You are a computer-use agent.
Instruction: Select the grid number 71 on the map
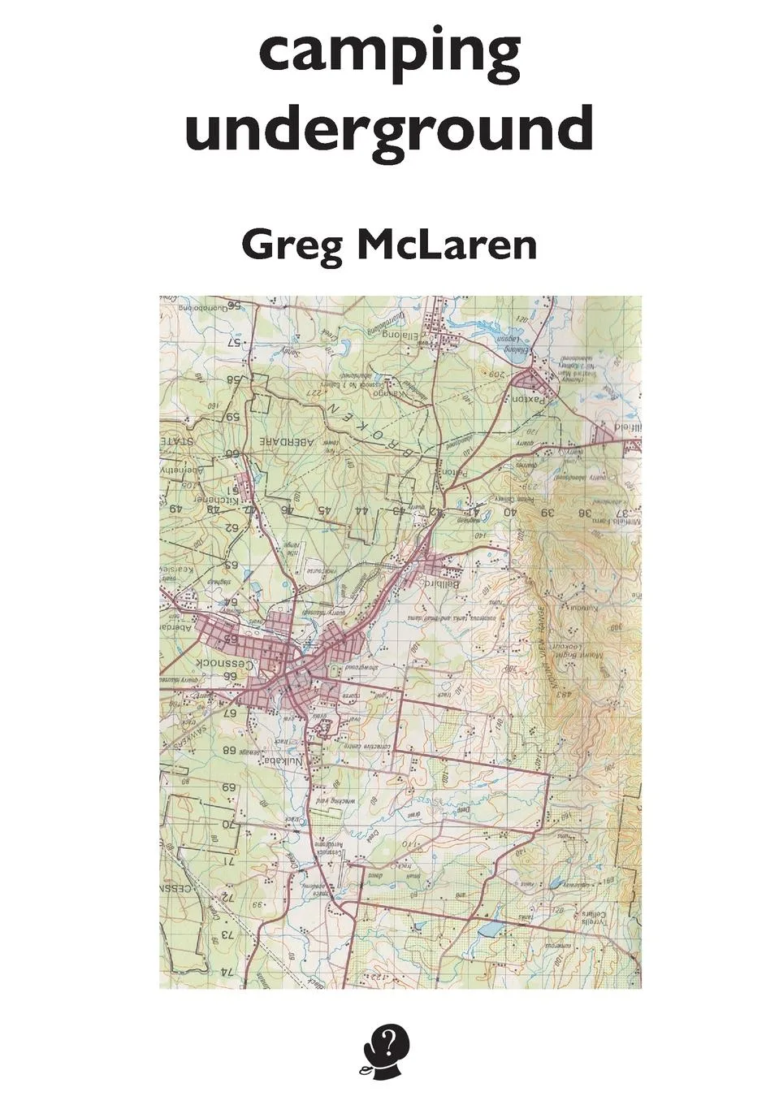230,860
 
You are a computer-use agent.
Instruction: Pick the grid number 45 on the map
324,512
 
